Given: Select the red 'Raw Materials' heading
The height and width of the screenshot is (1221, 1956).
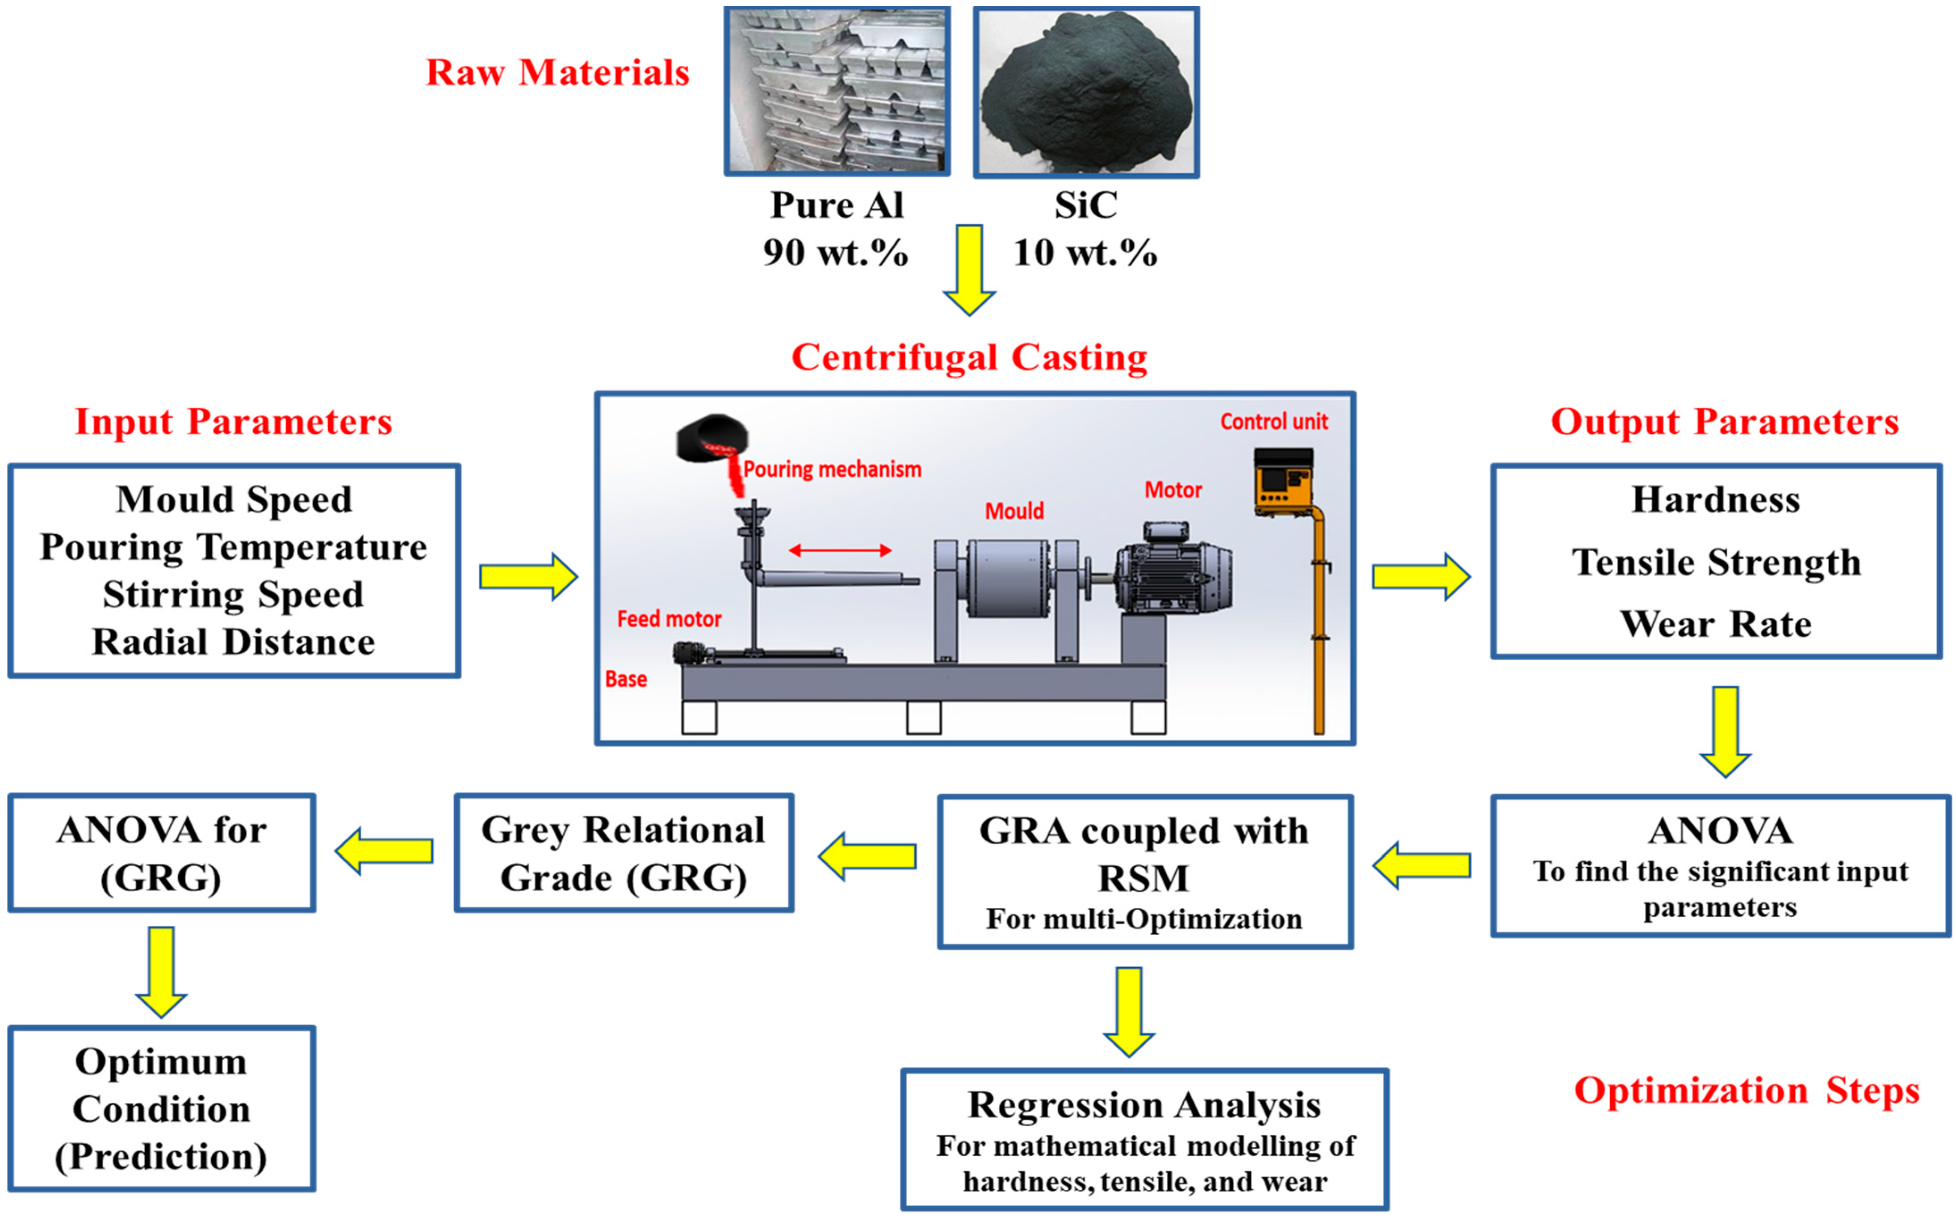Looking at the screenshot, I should (x=557, y=73).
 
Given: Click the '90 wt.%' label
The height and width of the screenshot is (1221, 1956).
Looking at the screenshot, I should (x=836, y=253).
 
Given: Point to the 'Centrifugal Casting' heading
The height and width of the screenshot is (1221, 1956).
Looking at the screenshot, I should (x=969, y=357).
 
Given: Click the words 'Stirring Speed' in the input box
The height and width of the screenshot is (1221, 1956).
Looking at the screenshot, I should (x=233, y=594).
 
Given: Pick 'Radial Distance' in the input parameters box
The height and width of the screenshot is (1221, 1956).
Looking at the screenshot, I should (x=233, y=642).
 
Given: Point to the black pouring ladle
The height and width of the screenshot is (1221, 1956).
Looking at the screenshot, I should (x=711, y=440).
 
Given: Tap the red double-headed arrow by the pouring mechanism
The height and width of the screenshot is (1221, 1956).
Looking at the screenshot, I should (x=840, y=551).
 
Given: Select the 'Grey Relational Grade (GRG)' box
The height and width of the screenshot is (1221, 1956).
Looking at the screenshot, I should (x=623, y=854).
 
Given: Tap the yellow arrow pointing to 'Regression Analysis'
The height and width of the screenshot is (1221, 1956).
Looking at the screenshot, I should (x=1129, y=1011).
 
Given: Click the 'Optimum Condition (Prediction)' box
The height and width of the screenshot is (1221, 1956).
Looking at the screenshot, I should (x=161, y=1109).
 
